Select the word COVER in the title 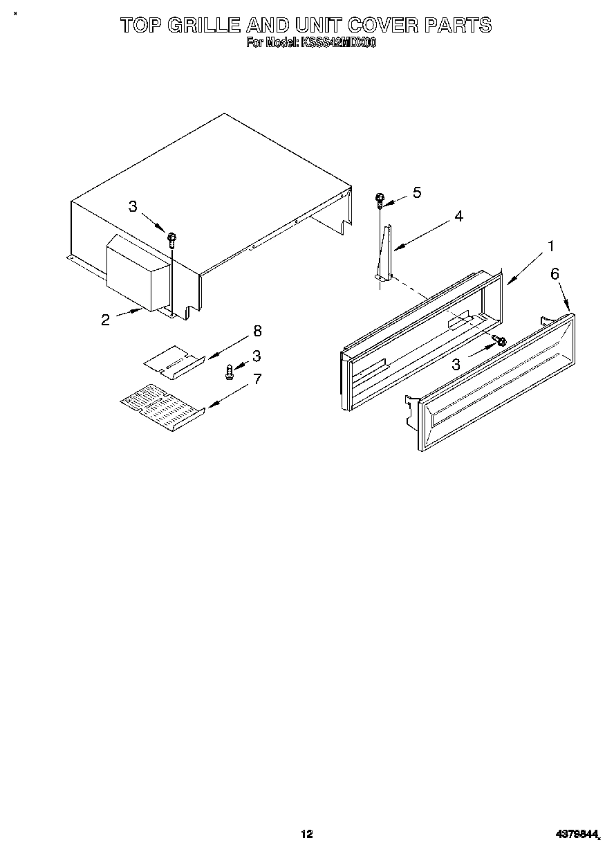tap(384, 26)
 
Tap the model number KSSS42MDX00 tap(337, 43)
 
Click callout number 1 tap(550, 246)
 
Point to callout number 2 tap(105, 320)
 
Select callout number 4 tap(458, 216)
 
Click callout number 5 tap(416, 192)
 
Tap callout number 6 tap(555, 274)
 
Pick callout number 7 tap(257, 379)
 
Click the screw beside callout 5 tap(380, 200)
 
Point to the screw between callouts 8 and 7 tap(230, 372)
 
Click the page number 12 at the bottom tap(306, 834)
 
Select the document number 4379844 tap(575, 835)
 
